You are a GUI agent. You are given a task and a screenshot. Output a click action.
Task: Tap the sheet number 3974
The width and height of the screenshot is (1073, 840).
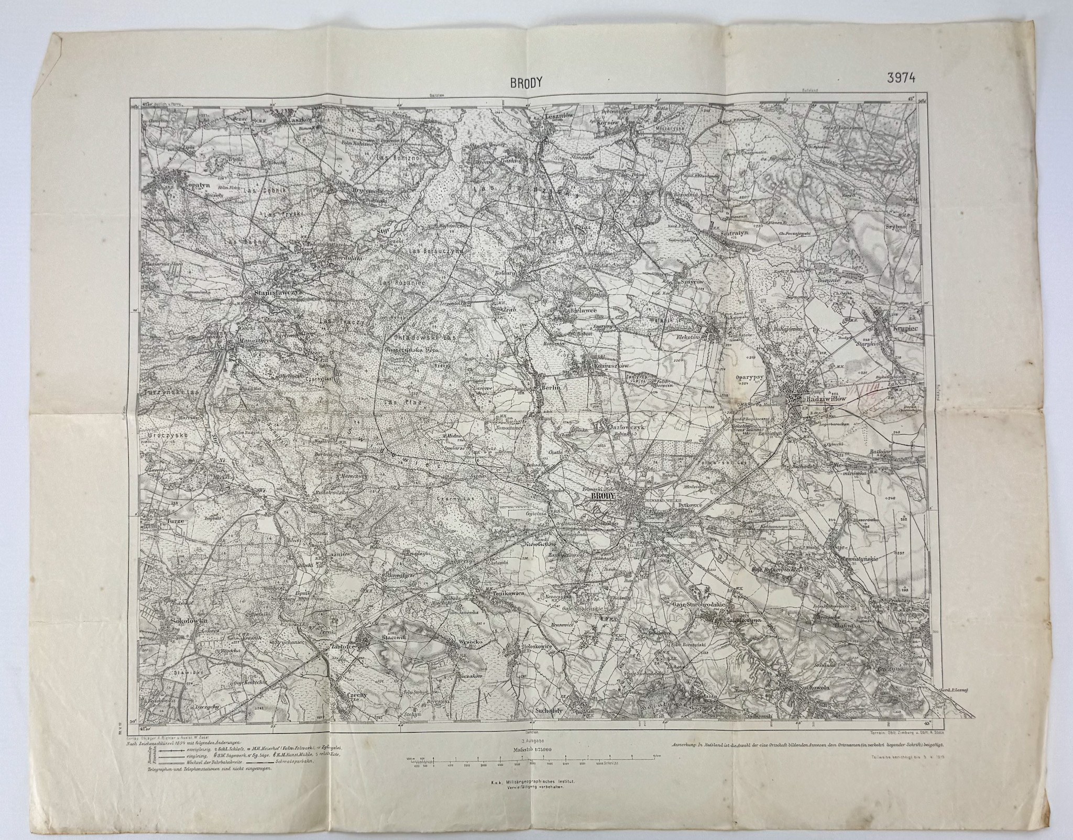(901, 78)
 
